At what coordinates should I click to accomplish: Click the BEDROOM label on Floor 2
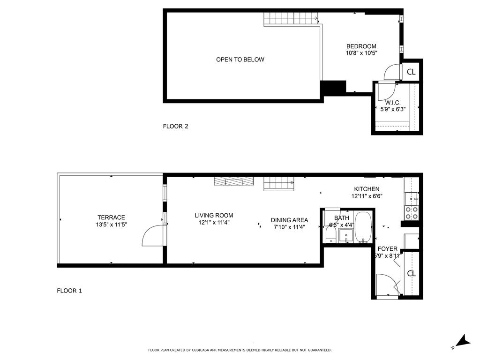(361, 46)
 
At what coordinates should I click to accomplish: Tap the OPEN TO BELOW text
(240, 60)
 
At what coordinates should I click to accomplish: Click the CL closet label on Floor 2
(411, 72)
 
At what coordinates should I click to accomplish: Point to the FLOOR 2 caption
(175, 126)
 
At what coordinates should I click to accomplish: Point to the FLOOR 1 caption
(69, 291)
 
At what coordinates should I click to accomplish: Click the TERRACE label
(111, 217)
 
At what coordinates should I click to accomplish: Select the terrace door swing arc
(151, 235)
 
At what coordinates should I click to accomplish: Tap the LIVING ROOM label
(214, 216)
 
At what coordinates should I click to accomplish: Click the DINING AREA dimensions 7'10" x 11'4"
(289, 227)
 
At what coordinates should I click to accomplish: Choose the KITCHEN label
(366, 189)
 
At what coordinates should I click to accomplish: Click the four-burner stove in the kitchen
(412, 213)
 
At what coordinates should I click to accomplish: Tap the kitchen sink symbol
(411, 197)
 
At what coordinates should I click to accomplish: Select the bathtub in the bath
(363, 227)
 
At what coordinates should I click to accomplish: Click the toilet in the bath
(330, 233)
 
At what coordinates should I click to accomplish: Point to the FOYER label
(388, 249)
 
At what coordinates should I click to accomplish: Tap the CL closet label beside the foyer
(411, 273)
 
